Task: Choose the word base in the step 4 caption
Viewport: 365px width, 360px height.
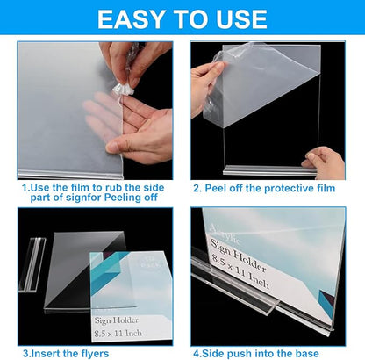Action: (325, 353)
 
